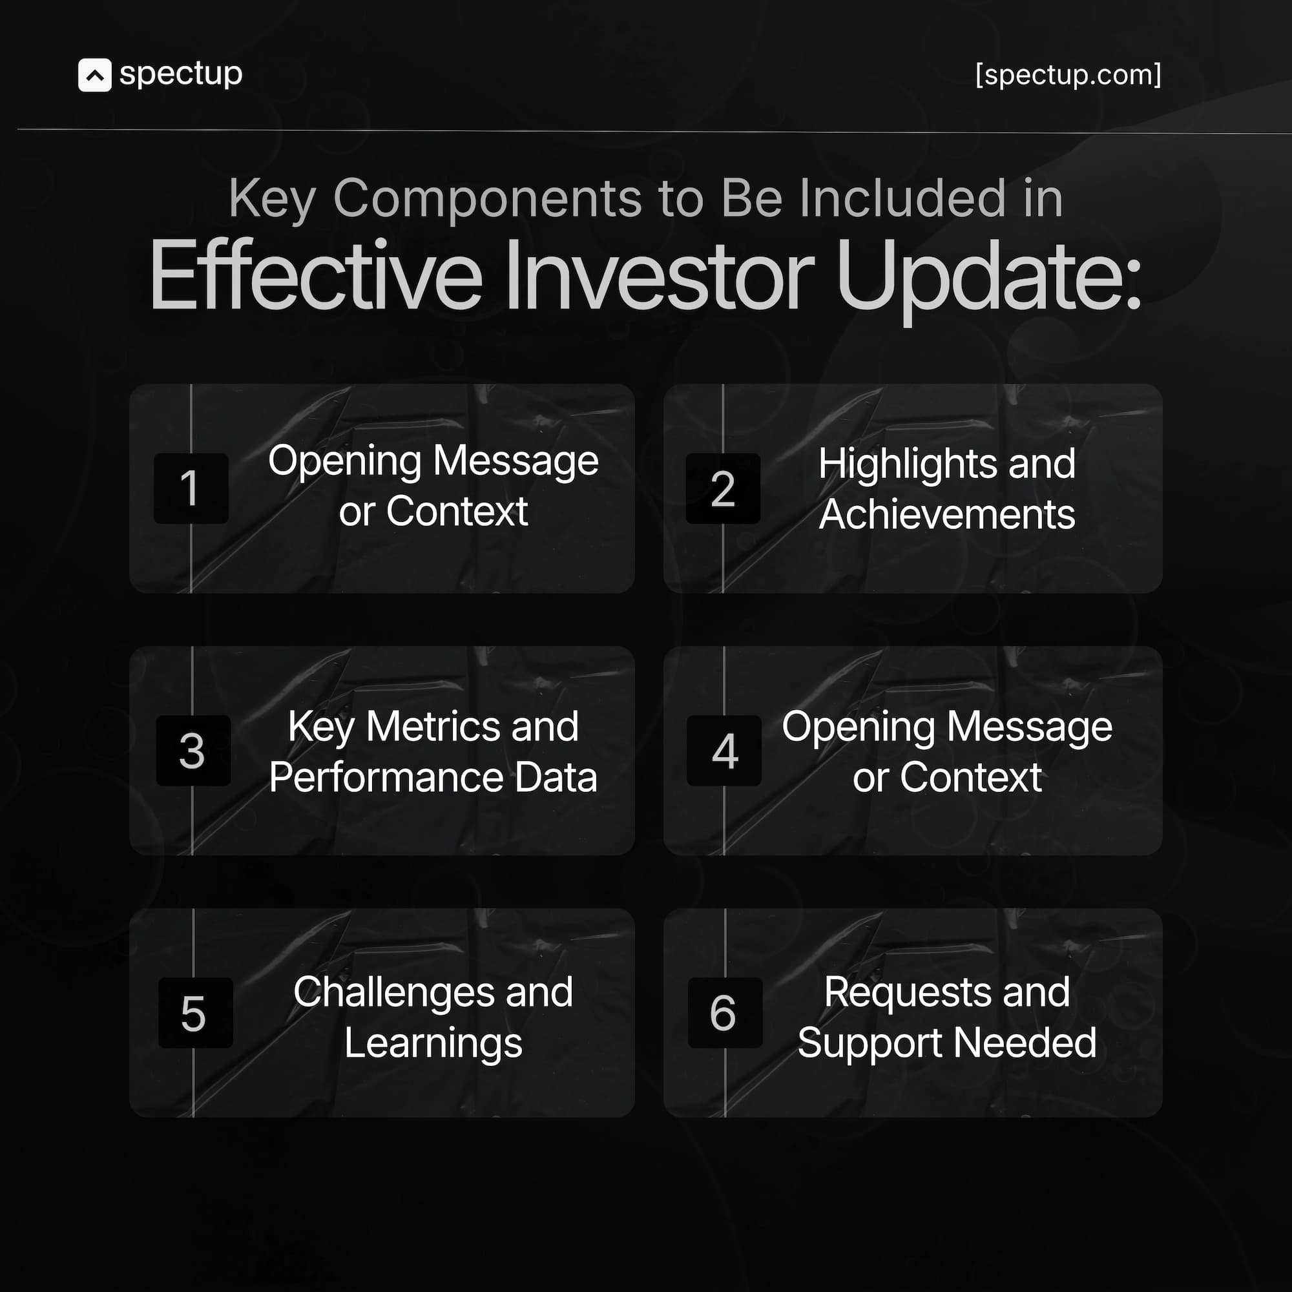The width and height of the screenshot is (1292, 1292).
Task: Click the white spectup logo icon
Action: pos(94,75)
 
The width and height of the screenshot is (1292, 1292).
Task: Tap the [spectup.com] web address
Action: pos(1067,75)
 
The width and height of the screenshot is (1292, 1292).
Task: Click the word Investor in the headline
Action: pos(659,276)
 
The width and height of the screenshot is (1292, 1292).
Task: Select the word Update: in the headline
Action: pos(988,276)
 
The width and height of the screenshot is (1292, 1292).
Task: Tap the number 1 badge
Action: pos(191,488)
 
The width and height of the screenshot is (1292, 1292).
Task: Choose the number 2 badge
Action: pos(722,488)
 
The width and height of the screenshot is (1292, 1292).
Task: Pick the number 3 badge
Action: pos(193,750)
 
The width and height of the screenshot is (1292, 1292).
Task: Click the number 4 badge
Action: pos(724,750)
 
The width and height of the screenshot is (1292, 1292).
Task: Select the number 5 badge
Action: pos(194,1012)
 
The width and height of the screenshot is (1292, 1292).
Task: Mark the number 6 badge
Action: pos(724,1012)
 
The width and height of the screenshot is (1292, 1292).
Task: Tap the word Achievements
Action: pos(947,514)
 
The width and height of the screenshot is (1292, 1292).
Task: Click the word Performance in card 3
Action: pos(386,777)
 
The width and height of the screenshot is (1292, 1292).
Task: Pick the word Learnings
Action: pos(433,1043)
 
